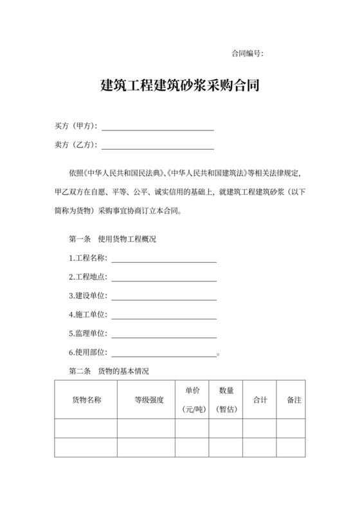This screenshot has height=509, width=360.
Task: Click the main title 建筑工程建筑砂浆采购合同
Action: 181,85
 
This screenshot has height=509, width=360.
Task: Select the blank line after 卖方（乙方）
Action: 157,147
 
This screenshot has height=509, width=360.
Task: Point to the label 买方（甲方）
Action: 76,127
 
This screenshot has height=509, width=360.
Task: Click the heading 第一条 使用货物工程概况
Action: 113,239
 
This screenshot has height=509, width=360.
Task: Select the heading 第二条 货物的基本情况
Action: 109,371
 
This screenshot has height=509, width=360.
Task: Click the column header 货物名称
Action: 85,400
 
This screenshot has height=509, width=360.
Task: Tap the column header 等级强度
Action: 149,400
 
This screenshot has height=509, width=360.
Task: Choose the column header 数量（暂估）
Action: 226,399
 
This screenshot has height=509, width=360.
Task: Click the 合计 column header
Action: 260,400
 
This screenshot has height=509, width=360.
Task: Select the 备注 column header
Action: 294,400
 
